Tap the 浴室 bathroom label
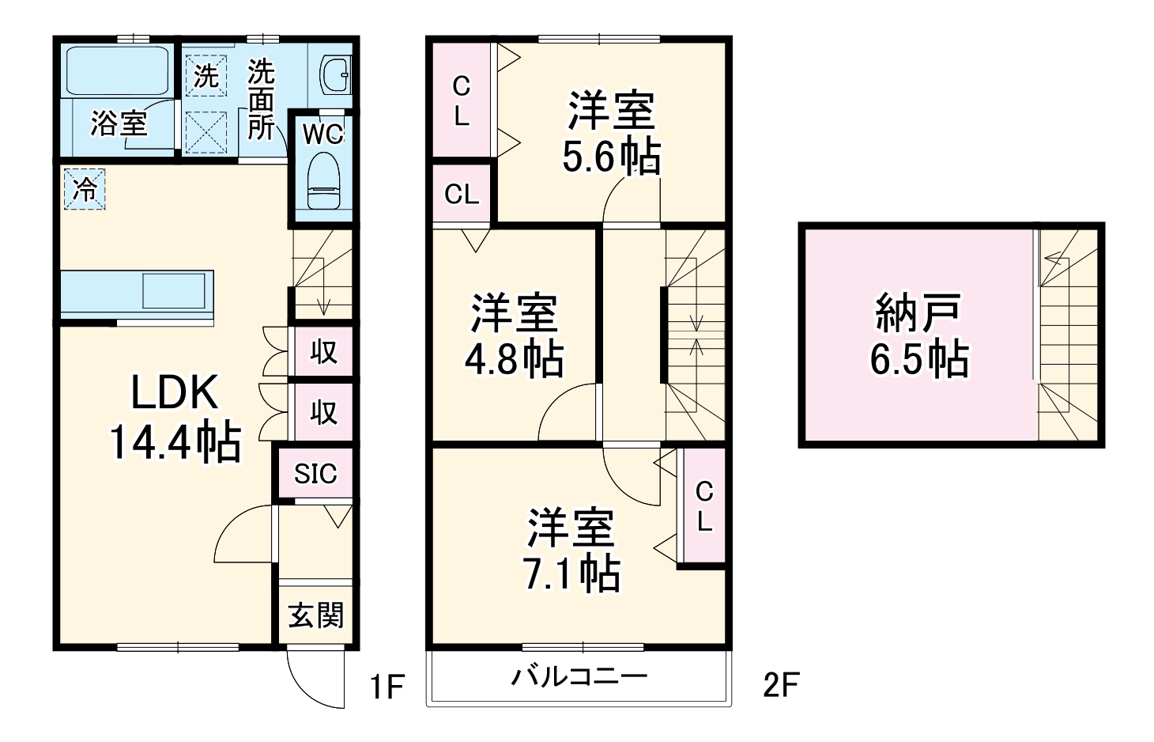[119, 123]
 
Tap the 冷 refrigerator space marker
[84, 190]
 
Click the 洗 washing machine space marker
[206, 76]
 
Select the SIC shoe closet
[315, 474]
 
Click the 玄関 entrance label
[315, 615]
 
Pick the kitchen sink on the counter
[178, 290]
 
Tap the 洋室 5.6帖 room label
[611, 133]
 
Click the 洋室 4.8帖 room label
[514, 335]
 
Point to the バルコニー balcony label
[579, 677]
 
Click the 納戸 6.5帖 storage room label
[918, 335]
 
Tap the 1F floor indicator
[387, 687]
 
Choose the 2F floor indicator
[781, 685]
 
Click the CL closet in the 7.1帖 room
[703, 506]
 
